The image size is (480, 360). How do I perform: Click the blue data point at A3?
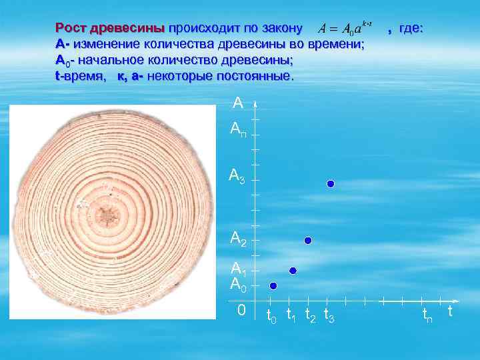(330, 184)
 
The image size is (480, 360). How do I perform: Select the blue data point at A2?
(307, 240)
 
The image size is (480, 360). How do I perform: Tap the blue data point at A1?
(292, 271)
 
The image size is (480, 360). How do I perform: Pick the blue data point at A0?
(273, 286)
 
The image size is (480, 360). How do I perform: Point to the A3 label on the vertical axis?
(237, 176)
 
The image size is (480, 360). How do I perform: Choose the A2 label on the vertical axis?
(238, 237)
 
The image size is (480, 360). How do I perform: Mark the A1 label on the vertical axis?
(238, 269)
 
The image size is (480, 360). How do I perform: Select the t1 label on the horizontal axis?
(291, 315)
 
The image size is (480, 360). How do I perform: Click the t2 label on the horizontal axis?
(310, 315)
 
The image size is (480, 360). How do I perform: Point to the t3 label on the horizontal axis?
(329, 315)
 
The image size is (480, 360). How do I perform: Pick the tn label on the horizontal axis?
(427, 315)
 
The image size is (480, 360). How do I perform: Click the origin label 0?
(241, 311)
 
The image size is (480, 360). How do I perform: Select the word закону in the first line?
(280, 29)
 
